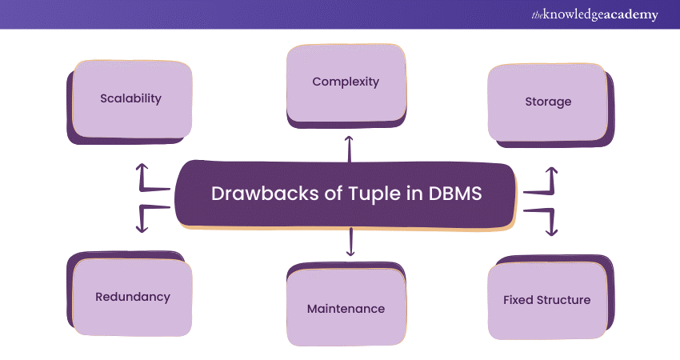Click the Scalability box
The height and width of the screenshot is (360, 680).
click(x=131, y=99)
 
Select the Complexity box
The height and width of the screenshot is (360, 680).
click(x=346, y=82)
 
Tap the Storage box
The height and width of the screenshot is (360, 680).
click(x=547, y=102)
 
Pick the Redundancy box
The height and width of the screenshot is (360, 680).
click(x=133, y=297)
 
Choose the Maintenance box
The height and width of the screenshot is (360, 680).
click(x=346, y=308)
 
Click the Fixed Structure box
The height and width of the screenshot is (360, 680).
click(x=546, y=300)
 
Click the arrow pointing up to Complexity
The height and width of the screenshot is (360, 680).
click(x=348, y=147)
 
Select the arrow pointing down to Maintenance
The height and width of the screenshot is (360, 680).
click(x=350, y=242)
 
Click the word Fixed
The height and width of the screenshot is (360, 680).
click(x=518, y=300)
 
